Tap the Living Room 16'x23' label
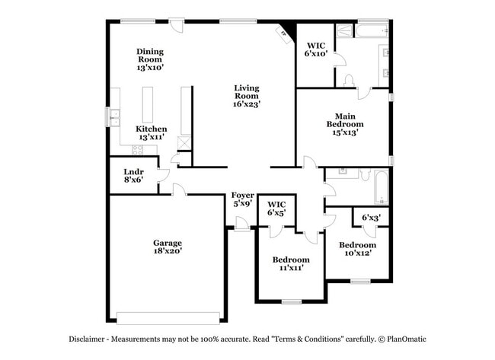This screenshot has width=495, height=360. (246, 96)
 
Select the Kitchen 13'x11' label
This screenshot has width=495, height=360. (151, 133)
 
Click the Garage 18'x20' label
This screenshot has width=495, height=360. (167, 247)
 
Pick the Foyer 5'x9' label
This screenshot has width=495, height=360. (242, 199)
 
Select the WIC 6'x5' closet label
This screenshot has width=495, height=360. (276, 209)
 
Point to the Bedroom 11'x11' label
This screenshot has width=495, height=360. (291, 263)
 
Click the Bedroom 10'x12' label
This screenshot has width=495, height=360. (357, 249)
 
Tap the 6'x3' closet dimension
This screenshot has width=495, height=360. (372, 218)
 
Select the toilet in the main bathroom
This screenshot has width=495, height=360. (350, 79)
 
